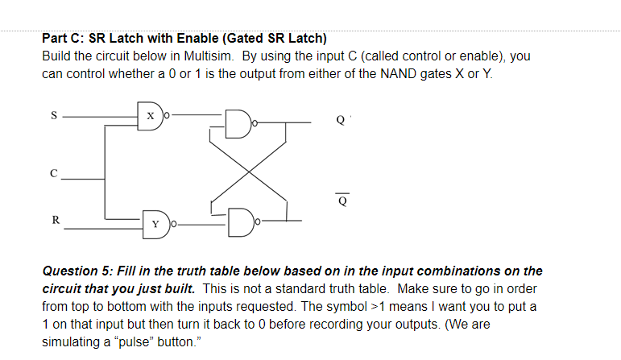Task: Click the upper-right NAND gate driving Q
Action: [x=239, y=124]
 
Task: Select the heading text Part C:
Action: [x=63, y=38]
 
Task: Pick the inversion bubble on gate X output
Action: [x=166, y=117]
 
